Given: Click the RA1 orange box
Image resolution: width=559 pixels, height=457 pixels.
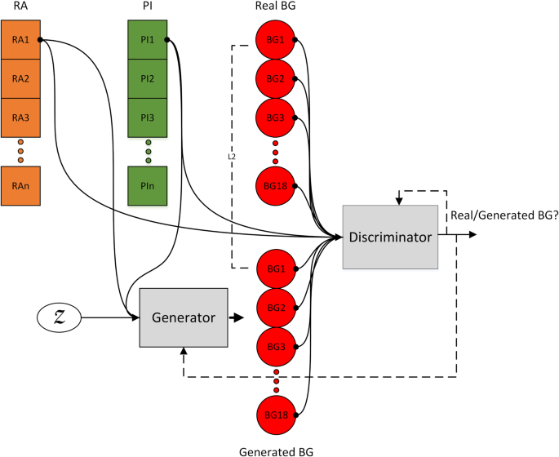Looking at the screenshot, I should [x=20, y=39].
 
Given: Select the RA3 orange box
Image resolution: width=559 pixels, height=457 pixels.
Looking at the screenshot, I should [x=20, y=118].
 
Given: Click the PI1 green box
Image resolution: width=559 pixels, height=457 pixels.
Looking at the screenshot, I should [x=148, y=39].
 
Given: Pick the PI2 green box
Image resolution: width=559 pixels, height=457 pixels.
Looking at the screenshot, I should [x=148, y=79].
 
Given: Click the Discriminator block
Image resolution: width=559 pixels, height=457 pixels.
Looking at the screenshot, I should [x=389, y=237].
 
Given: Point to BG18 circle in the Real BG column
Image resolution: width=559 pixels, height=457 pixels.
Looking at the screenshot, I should [x=275, y=186].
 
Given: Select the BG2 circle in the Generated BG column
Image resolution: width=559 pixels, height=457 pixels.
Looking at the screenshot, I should [x=275, y=308].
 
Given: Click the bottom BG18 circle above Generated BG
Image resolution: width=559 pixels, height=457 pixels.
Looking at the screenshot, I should [x=275, y=414].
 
